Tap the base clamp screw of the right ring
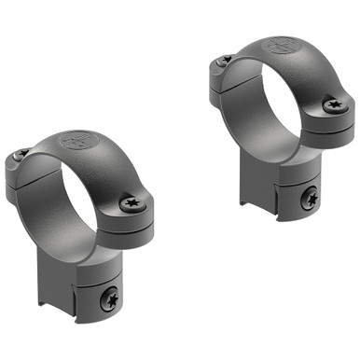coord(309,197)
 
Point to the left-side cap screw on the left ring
coord(21,154)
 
